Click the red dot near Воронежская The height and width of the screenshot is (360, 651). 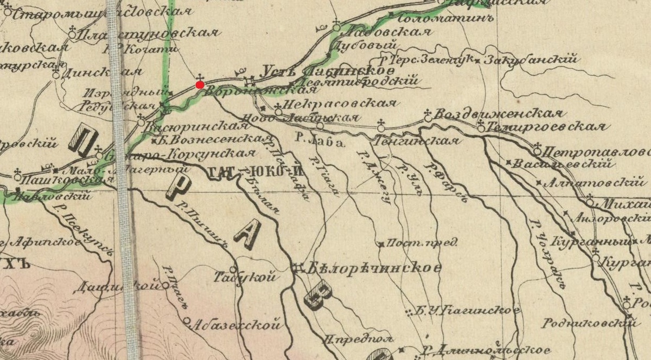point(200,84)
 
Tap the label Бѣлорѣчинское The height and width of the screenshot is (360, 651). point(373,268)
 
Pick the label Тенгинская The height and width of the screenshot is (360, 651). point(417,141)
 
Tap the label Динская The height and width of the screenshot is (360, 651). point(103,73)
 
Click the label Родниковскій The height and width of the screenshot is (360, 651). point(590,324)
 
